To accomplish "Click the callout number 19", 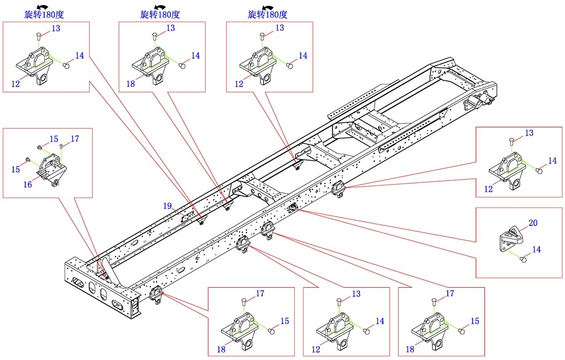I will (167, 206).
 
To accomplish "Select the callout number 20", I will (532, 223).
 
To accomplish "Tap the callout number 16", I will (27, 184).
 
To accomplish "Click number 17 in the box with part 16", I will (75, 139).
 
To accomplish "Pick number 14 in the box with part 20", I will (536, 249).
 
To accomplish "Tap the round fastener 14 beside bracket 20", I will (523, 260).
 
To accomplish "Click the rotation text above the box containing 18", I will (160, 14).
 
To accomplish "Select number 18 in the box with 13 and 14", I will (130, 84).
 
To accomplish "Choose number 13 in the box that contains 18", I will (171, 28).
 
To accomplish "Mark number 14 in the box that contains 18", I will (196, 55).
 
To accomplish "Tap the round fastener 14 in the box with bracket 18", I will (185, 66).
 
